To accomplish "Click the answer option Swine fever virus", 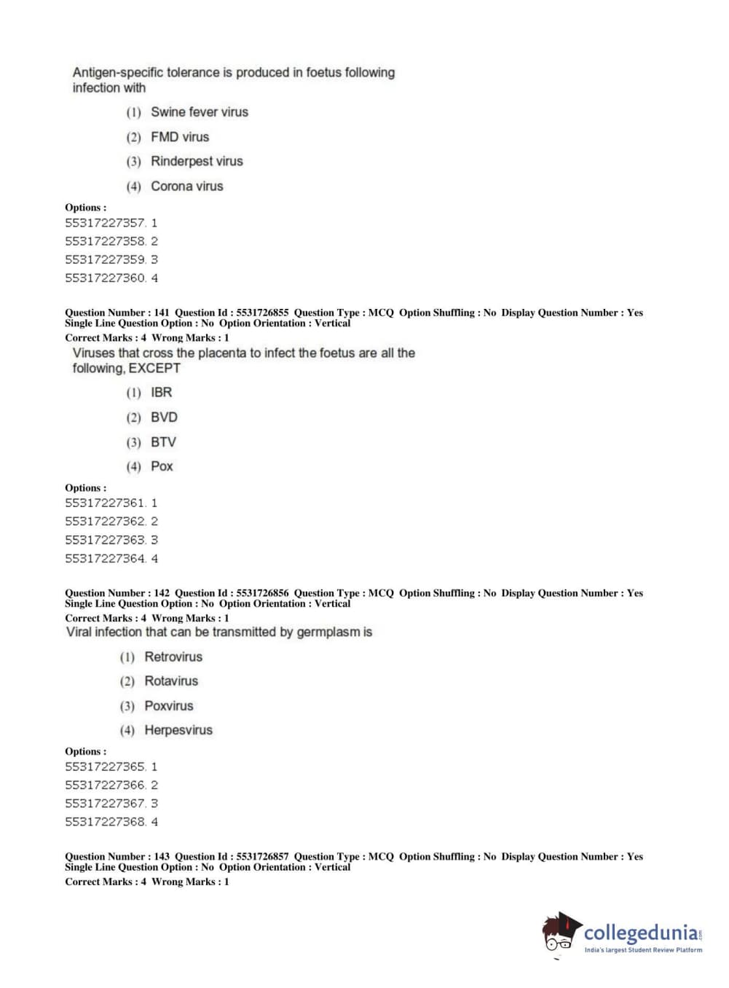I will (x=199, y=112).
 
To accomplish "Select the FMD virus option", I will (x=179, y=137).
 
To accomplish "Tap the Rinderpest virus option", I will (x=197, y=161).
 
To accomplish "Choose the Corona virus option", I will (x=186, y=186).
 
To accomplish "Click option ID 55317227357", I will (x=106, y=223).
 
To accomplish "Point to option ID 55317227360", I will (x=106, y=278).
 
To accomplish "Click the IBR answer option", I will (x=161, y=393).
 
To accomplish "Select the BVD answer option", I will (x=164, y=417).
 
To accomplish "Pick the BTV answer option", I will (x=163, y=442).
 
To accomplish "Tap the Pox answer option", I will (x=162, y=466).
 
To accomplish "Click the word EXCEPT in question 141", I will (x=154, y=369).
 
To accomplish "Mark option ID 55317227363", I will (x=106, y=540).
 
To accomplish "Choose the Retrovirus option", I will (x=173, y=657).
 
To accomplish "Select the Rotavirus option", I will (x=171, y=681).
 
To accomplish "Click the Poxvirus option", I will (x=169, y=706).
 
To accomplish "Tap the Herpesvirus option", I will (x=178, y=730).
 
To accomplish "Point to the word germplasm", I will (x=324, y=632).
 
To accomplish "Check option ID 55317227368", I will (x=106, y=822).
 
